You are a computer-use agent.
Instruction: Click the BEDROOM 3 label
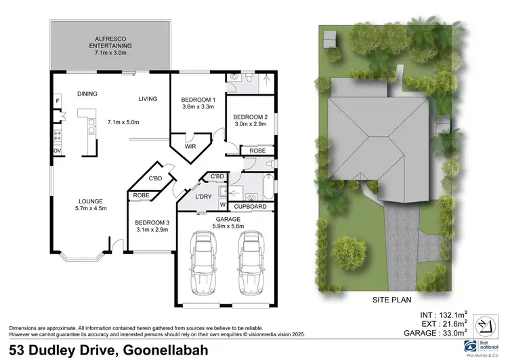(x=152, y=223)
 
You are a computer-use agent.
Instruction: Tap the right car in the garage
(x=251, y=262)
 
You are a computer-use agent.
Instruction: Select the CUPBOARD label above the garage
(x=251, y=206)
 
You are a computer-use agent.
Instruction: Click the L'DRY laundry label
(x=204, y=197)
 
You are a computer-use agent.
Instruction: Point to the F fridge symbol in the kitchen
(x=58, y=102)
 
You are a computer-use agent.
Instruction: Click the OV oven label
(x=58, y=151)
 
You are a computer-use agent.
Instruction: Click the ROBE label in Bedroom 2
(x=257, y=151)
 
